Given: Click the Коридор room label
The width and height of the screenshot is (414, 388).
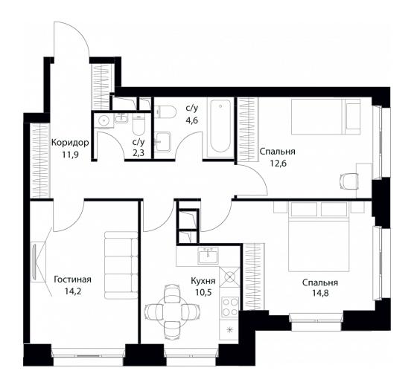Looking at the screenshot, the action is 70,143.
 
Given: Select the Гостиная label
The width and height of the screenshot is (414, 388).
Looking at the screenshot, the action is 73,279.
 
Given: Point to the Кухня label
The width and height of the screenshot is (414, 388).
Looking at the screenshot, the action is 203,281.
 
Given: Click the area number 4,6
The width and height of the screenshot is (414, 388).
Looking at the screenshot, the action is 191,120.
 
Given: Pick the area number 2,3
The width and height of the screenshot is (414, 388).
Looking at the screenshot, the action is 138,153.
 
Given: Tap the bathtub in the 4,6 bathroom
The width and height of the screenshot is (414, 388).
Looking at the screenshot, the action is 220,128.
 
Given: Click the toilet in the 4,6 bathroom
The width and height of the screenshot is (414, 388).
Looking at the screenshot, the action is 165,112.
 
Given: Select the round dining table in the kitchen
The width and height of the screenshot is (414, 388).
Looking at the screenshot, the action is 171,312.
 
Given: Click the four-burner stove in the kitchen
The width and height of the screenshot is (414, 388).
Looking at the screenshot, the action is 230,307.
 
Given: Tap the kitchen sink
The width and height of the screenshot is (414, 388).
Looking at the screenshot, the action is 208,256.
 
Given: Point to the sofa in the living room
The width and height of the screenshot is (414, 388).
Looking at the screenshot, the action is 121,265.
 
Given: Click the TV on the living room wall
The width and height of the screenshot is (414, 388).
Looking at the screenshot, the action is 34,262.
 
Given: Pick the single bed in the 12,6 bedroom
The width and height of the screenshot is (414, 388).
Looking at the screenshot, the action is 326,117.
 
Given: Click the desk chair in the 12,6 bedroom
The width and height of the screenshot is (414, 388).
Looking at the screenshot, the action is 348,181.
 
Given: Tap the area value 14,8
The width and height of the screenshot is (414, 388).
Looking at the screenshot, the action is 320,293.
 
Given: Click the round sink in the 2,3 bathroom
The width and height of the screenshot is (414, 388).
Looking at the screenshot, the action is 103,120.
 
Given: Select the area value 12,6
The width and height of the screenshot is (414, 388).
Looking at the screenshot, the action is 278,164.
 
